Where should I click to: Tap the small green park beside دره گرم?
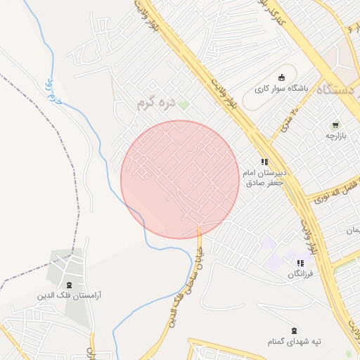[184, 105]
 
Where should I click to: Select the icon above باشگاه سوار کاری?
[283, 77]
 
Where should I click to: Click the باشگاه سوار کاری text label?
[282, 89]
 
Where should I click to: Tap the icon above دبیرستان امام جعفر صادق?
[264, 161]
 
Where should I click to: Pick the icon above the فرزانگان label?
[300, 263]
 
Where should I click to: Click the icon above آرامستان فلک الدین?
[69, 285]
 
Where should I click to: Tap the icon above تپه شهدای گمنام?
[293, 330]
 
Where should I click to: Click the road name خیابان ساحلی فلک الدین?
[181, 285]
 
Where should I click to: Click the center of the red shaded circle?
[180, 179]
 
